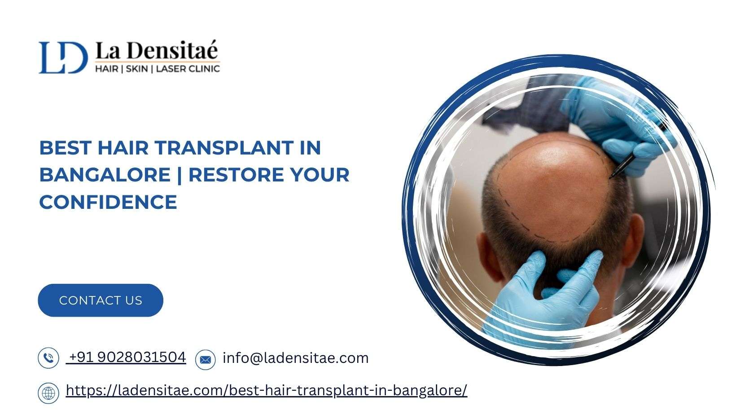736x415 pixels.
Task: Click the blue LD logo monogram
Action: coord(63,57)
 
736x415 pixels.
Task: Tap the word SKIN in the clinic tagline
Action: coord(137,69)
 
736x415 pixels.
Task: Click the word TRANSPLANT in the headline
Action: coord(224,148)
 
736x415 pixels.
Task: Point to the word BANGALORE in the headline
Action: coord(105,175)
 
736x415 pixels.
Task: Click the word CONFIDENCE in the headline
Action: coord(108,202)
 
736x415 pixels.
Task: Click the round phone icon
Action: coord(48,358)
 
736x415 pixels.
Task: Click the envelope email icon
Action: coord(206,359)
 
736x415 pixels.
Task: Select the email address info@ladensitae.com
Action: coord(295,358)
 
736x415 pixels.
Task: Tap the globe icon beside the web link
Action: coord(48,393)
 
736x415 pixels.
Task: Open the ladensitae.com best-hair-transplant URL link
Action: coord(267,391)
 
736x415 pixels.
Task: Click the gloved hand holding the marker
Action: coord(618,125)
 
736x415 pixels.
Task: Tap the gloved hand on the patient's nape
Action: coord(542,296)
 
